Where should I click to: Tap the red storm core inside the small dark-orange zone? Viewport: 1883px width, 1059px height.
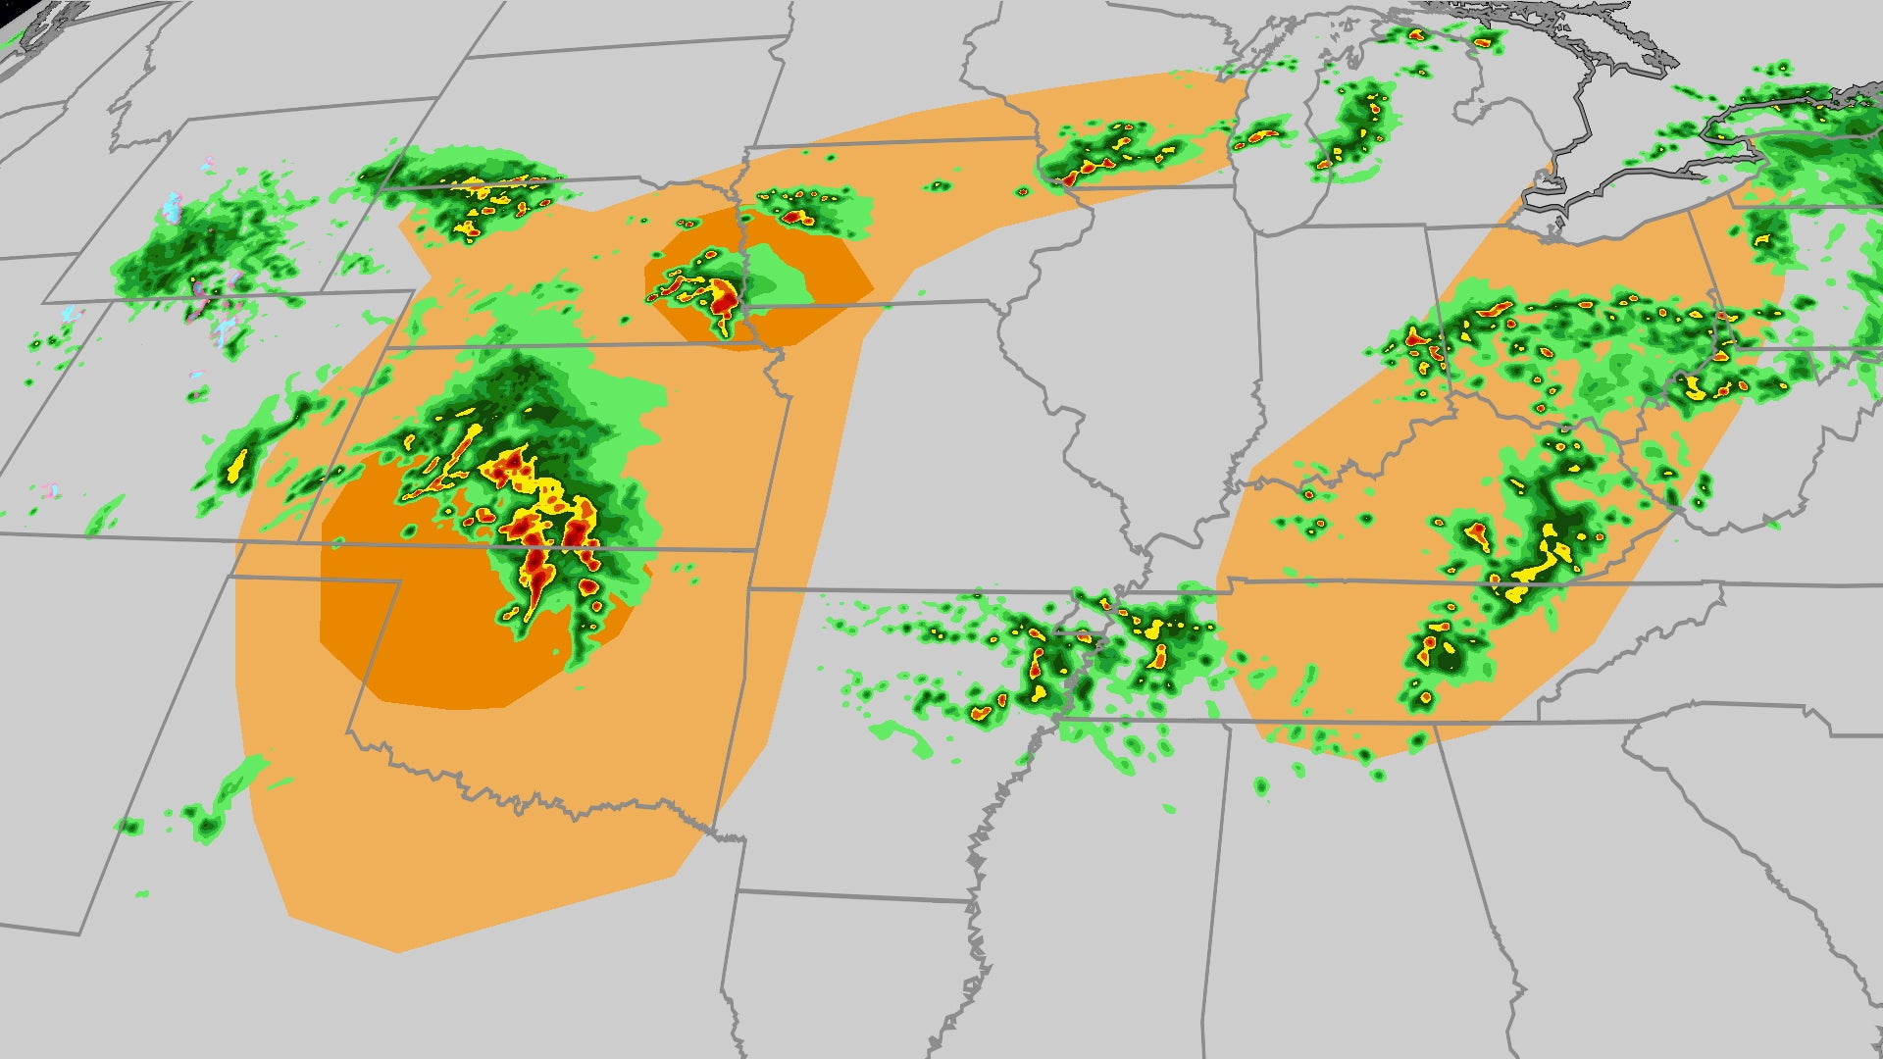[x=724, y=294]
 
